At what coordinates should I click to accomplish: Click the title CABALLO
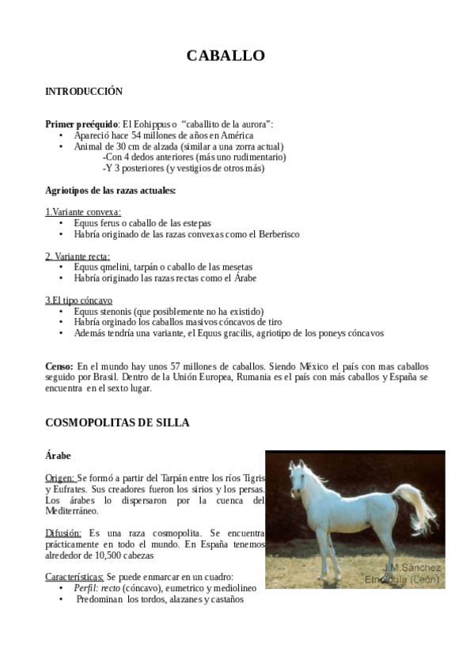coord(226,55)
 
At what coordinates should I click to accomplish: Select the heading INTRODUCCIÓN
coord(84,92)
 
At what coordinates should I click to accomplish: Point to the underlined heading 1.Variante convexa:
coord(83,212)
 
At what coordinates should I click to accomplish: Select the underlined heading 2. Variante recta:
coord(78,256)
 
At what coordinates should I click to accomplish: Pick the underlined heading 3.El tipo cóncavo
coord(78,301)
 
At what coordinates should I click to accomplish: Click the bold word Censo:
coord(59,367)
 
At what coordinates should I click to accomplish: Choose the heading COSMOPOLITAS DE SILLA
coord(117,423)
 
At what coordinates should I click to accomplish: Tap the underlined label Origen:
coord(60,479)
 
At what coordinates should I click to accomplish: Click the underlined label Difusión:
coord(63,534)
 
